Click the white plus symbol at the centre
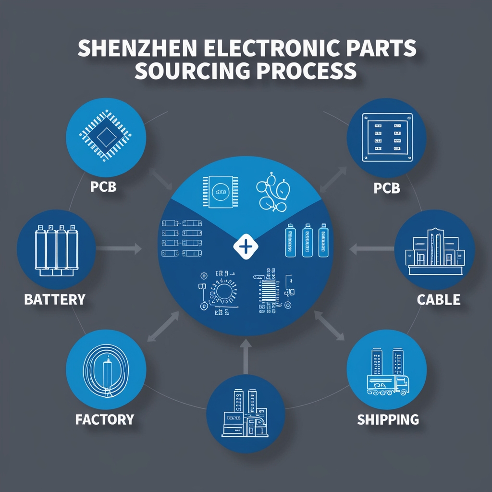[x=245, y=247]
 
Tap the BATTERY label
[x=54, y=299]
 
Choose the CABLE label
[x=438, y=299]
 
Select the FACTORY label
[x=104, y=419]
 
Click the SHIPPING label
[x=388, y=419]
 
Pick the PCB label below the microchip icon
[x=104, y=186]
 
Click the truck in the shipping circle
[x=387, y=384]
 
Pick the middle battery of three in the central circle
[x=307, y=240]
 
